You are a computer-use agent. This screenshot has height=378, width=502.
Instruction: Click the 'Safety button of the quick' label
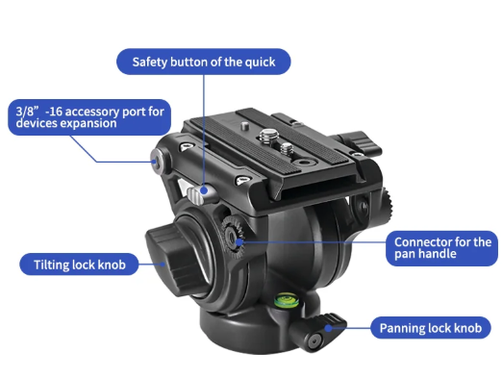[x=204, y=62]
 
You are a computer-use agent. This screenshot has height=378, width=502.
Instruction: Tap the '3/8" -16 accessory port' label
[x=89, y=117]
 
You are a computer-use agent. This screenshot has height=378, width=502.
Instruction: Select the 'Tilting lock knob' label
[x=79, y=265]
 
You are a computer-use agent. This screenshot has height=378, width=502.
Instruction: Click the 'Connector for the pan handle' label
[x=441, y=248]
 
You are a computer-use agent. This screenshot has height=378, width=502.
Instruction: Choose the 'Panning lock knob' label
[x=431, y=328]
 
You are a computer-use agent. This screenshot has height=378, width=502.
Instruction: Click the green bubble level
[x=287, y=301]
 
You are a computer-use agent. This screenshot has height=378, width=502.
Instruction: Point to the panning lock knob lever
[x=317, y=332]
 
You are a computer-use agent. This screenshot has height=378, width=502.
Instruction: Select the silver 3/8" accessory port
[x=157, y=161]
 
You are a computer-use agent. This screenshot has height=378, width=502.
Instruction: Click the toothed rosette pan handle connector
[x=233, y=237]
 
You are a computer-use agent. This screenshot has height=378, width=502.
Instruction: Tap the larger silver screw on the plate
[x=268, y=136]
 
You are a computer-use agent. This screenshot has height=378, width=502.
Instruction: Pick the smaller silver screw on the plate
[x=287, y=149]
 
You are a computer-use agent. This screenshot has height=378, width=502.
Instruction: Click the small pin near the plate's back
[x=245, y=125]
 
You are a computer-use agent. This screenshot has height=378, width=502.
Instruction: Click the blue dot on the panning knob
[x=328, y=328]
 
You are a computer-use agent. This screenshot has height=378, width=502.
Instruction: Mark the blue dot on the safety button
[x=204, y=190]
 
